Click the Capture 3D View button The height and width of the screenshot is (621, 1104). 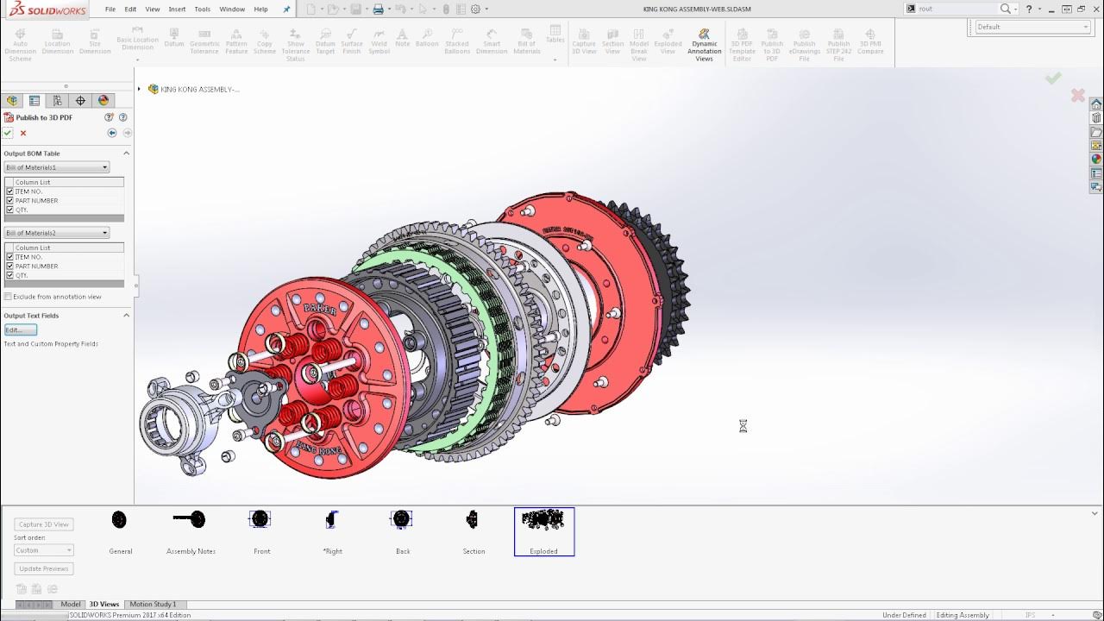(x=44, y=524)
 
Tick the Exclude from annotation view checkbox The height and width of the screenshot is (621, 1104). (x=9, y=297)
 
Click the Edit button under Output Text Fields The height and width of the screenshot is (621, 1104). (x=20, y=330)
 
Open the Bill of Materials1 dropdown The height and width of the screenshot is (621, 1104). (x=57, y=167)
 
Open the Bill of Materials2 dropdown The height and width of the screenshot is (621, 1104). (x=57, y=233)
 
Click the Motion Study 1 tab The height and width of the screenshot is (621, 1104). (x=153, y=605)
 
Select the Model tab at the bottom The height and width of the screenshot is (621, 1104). (x=71, y=605)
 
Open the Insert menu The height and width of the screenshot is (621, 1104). (x=177, y=9)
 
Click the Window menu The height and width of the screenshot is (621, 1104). (x=232, y=9)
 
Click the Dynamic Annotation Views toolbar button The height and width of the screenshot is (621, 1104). (x=704, y=46)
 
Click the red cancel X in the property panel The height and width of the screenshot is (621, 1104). (x=23, y=133)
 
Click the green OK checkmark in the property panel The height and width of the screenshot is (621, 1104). (x=8, y=133)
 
